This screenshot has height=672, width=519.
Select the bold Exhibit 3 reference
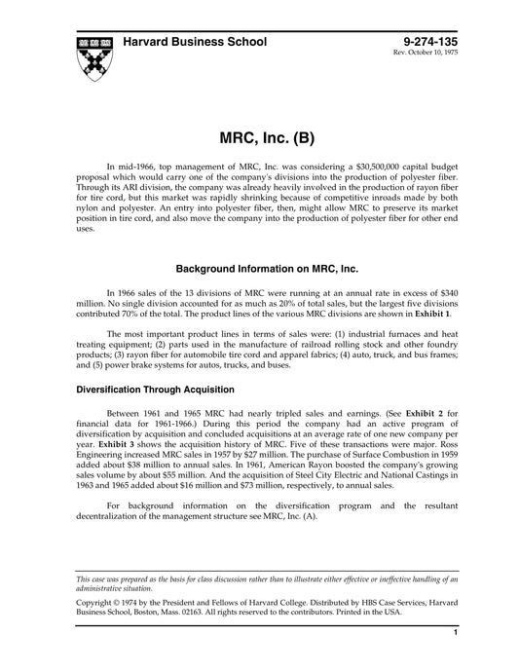click(x=98, y=446)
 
